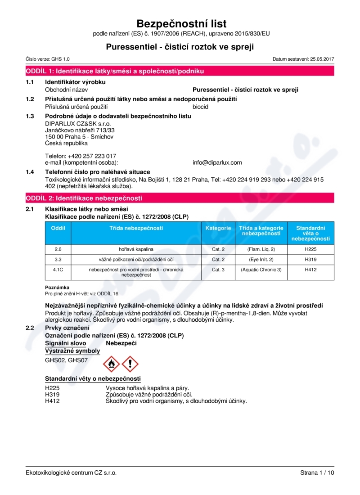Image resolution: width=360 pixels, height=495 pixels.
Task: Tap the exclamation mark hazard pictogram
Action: pyautogui.click(x=130, y=363)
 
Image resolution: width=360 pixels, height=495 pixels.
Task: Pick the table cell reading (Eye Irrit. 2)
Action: pyautogui.click(x=261, y=260)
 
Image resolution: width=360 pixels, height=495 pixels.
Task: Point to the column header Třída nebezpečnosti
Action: pyautogui.click(x=136, y=229)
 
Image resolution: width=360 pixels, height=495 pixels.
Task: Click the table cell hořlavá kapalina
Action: pyautogui.click(x=136, y=249)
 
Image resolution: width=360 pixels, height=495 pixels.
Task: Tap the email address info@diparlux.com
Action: pyautogui.click(x=217, y=162)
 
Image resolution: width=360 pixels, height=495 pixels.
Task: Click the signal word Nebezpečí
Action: pyautogui.click(x=121, y=343)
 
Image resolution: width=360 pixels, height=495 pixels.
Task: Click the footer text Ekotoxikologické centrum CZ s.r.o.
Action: pyautogui.click(x=71, y=472)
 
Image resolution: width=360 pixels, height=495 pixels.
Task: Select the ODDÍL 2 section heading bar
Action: pyautogui.click(x=180, y=198)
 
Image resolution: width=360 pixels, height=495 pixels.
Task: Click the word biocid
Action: pyautogui.click(x=200, y=107)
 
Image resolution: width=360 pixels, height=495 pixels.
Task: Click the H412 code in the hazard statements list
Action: pyautogui.click(x=52, y=401)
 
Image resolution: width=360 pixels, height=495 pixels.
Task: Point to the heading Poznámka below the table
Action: pyautogui.click(x=57, y=287)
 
